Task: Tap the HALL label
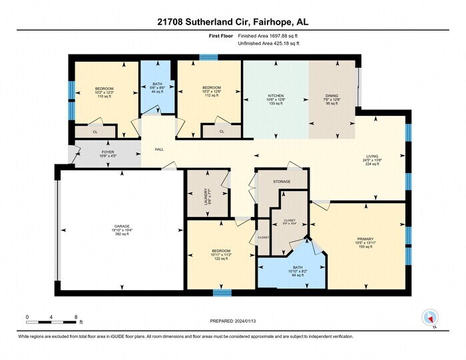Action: click(159, 150)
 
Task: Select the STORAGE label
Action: click(282, 180)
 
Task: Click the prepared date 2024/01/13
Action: click(232, 322)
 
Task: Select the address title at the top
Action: click(232, 22)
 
